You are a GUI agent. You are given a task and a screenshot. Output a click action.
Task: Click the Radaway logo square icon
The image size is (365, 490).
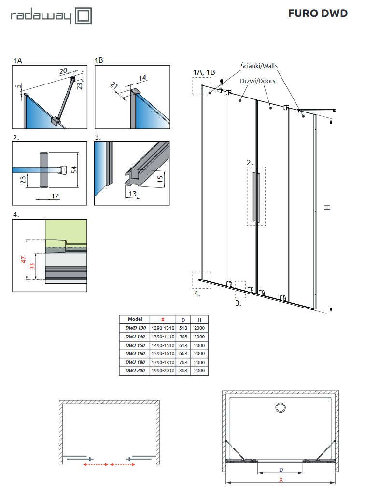click(82, 15)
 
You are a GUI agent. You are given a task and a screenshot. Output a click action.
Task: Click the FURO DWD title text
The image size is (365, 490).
click(318, 14)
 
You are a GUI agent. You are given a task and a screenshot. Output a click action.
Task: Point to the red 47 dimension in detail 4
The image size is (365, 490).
click(23, 260)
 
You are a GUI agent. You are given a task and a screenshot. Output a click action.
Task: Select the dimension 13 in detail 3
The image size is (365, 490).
click(132, 194)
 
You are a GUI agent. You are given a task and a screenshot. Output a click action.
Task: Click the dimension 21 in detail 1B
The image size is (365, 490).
click(114, 86)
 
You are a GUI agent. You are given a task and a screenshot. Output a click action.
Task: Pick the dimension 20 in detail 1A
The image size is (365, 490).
click(63, 71)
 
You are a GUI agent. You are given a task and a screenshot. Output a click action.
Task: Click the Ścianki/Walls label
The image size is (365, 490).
click(259, 66)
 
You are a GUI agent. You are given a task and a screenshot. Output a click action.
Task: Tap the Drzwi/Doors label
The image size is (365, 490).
click(258, 81)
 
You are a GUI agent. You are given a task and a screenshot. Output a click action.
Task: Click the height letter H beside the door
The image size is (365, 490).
click(327, 207)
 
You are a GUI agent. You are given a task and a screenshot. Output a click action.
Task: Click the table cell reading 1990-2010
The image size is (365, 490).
click(163, 371)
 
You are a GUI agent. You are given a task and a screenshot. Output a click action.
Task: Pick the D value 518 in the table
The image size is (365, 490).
click(183, 328)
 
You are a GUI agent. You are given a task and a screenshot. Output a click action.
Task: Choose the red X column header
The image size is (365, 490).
click(163, 319)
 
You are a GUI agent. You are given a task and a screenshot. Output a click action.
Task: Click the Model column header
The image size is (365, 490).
click(135, 319)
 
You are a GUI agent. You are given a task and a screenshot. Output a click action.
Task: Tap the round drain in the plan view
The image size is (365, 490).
click(280, 408)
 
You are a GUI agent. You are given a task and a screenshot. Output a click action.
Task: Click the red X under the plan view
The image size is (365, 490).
click(281, 480)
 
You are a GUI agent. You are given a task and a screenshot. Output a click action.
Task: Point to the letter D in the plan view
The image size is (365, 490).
click(281, 469)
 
